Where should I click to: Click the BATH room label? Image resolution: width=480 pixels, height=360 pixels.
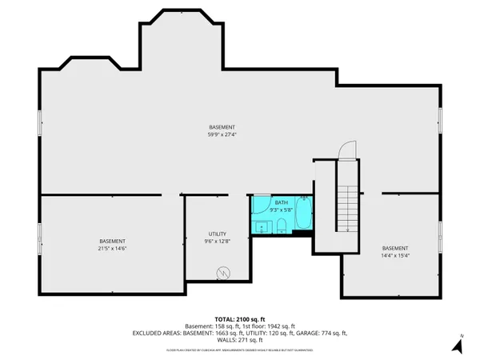point(282,202)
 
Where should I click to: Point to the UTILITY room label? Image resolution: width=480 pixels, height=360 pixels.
point(217,234)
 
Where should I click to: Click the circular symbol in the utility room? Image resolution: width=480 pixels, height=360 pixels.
point(222,274)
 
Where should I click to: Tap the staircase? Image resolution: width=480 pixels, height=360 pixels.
point(347,204)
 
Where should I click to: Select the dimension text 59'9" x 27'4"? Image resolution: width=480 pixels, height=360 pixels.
point(222,135)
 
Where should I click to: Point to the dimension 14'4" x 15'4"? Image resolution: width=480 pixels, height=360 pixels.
point(394,255)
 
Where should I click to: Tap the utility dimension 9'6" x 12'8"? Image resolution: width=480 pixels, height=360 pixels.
point(217,241)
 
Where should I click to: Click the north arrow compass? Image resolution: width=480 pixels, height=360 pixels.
point(457,345)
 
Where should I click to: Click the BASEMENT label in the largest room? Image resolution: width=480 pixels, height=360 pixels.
point(222,128)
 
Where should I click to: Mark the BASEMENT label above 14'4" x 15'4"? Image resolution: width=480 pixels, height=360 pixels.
point(394,247)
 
